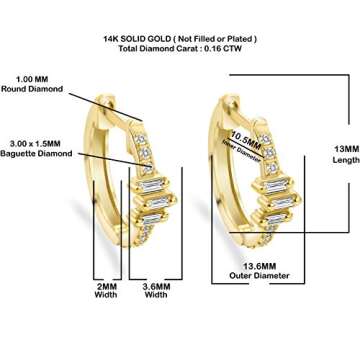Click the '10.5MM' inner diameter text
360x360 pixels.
point(247,134)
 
